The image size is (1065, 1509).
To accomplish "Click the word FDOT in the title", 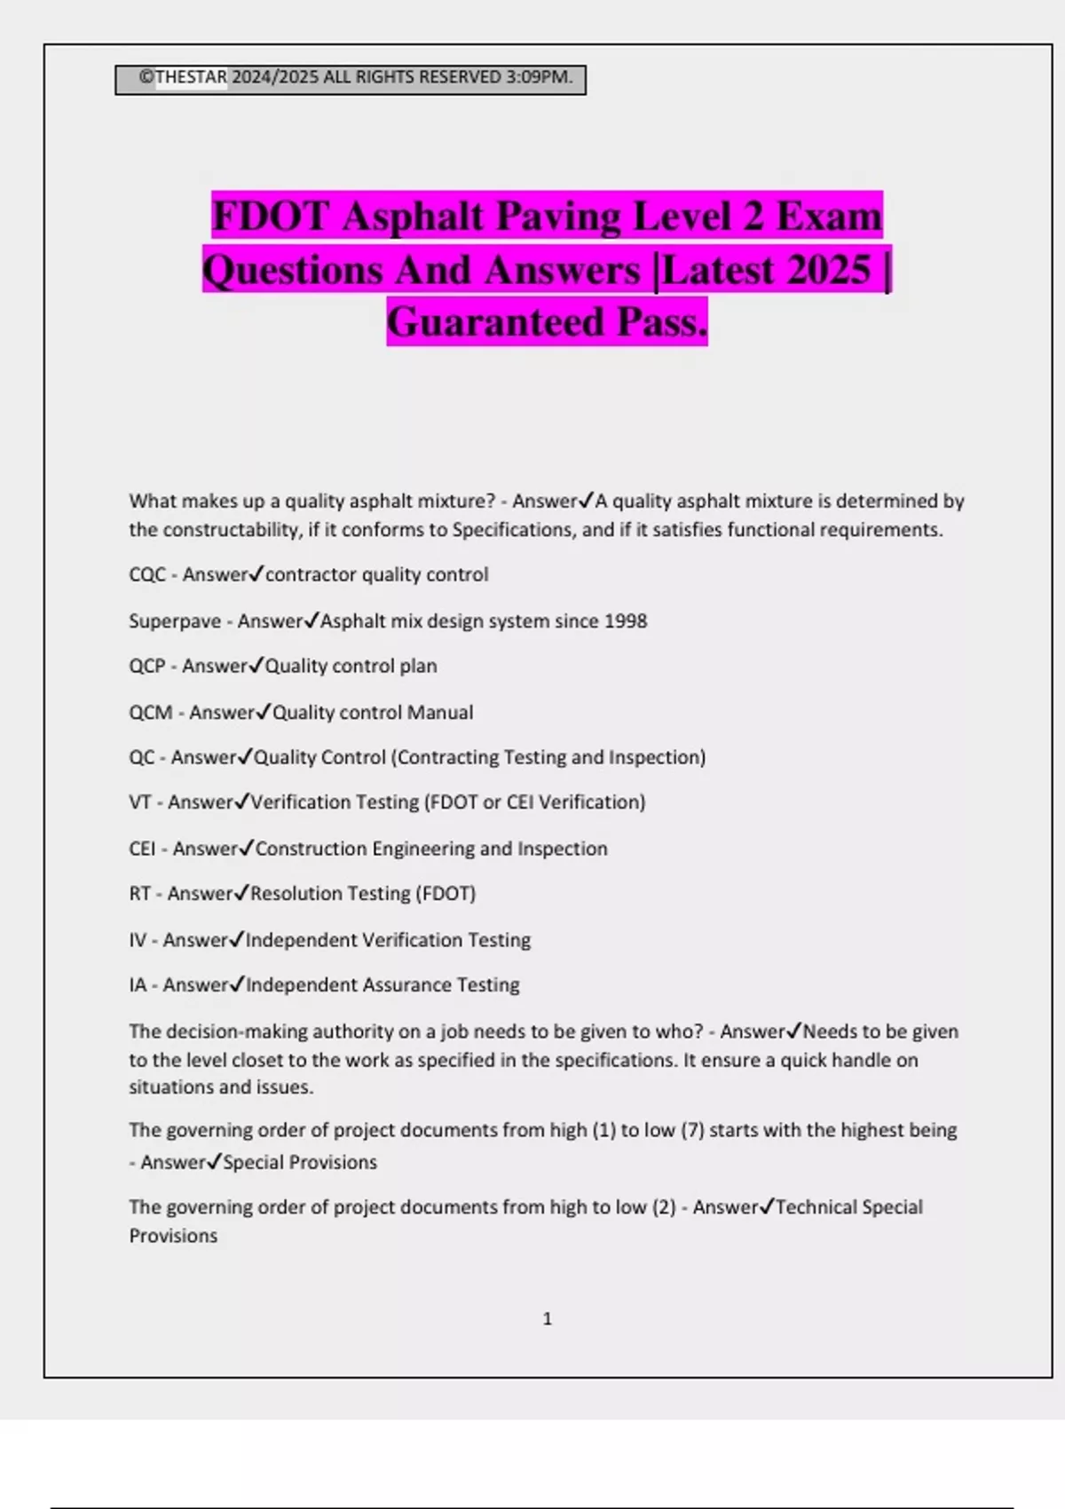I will (x=270, y=217).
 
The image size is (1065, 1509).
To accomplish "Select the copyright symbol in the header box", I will (x=146, y=77).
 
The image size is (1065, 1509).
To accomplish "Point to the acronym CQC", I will (x=147, y=575).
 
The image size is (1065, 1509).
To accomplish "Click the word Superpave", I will (x=175, y=621).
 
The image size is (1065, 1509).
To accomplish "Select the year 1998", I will (x=625, y=621).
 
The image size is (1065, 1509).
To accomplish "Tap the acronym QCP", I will (x=147, y=667).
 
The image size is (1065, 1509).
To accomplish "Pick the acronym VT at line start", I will (x=140, y=802).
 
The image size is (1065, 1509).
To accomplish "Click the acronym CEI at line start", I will (x=142, y=849).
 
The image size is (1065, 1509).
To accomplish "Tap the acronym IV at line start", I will (x=138, y=940).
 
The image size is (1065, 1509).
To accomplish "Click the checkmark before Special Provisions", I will (x=214, y=1162).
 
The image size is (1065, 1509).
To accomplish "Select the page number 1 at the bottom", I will (x=547, y=1319).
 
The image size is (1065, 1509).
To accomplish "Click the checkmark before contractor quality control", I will (x=256, y=574).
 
